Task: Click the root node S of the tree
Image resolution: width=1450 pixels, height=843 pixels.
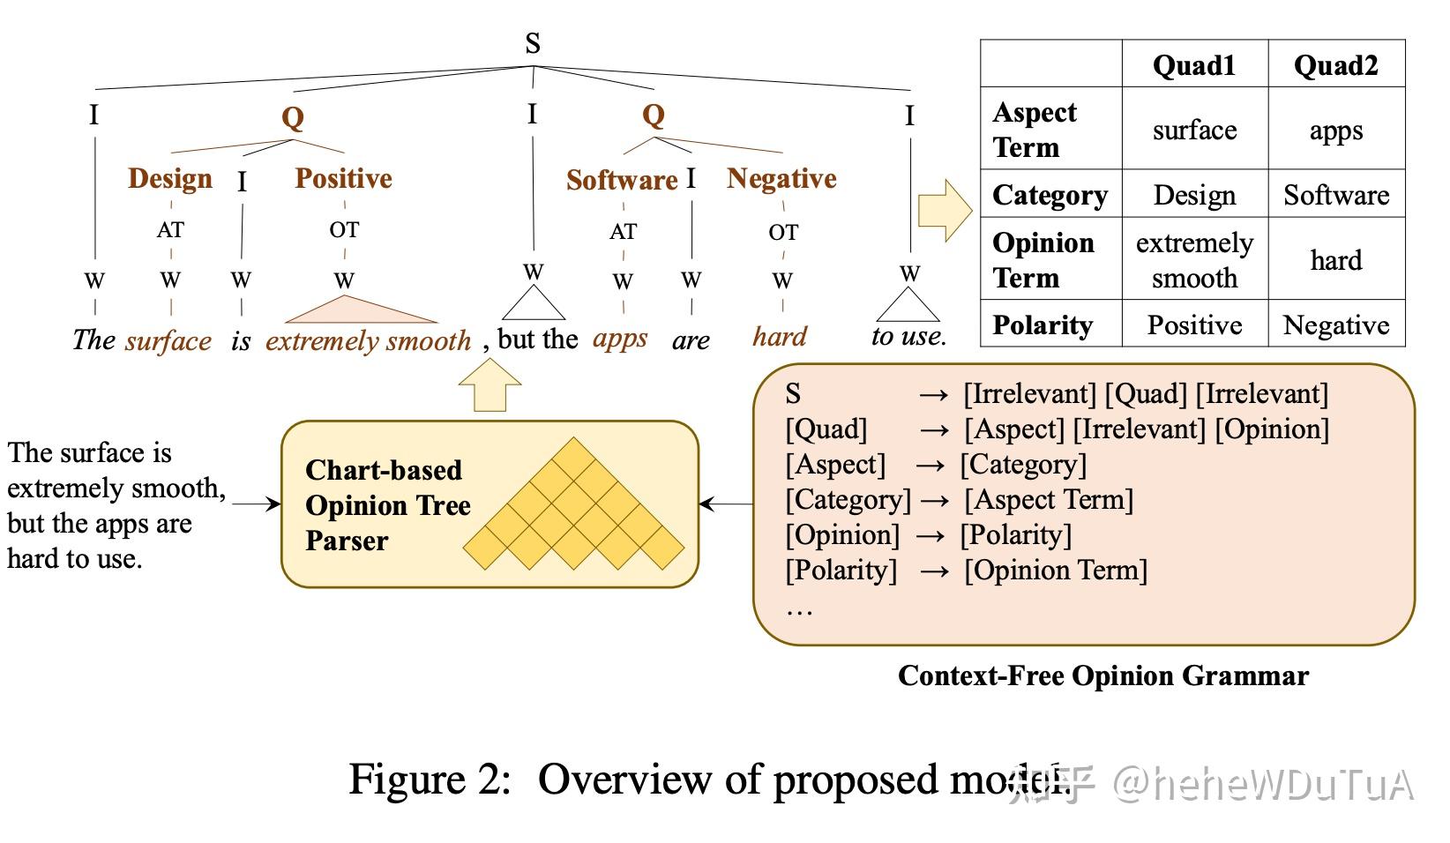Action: click(532, 43)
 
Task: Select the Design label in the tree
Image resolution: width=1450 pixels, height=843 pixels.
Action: click(170, 178)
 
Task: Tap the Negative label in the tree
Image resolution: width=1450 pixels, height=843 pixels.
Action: click(781, 178)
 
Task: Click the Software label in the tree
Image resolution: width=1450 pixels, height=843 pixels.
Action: click(622, 180)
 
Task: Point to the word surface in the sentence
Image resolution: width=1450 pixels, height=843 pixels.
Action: click(168, 340)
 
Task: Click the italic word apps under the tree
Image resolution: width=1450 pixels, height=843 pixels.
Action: click(619, 339)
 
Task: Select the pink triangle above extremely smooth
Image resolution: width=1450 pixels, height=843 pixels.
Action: click(361, 310)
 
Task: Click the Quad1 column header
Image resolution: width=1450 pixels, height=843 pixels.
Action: click(1194, 65)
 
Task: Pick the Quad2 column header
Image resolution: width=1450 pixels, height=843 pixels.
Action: click(1335, 65)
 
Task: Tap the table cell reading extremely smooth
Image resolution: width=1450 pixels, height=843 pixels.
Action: click(1194, 260)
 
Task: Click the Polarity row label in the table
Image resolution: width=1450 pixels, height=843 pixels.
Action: click(1043, 325)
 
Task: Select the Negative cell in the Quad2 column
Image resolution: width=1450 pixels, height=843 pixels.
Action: click(1336, 325)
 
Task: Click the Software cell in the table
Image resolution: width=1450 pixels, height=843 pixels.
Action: click(1336, 195)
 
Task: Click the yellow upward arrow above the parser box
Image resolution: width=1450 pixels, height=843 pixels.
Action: click(490, 385)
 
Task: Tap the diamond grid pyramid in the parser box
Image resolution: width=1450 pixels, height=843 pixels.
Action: click(573, 504)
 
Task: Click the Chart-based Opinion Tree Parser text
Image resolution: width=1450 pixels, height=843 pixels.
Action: click(388, 505)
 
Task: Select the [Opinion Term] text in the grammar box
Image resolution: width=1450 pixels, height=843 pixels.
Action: click(1056, 570)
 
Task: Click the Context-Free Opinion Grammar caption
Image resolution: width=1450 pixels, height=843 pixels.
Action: click(1103, 675)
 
